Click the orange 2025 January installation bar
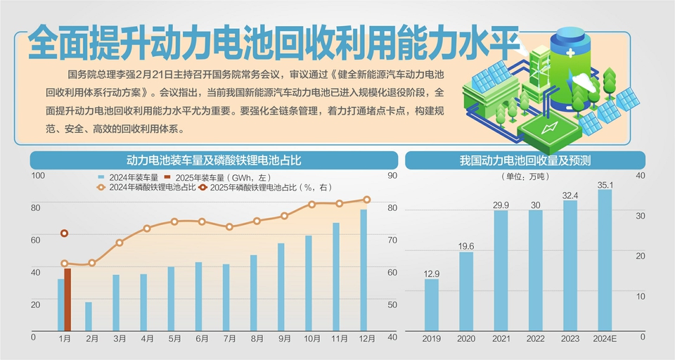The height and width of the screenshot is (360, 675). [67, 300]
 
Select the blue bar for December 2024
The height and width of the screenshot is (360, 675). [364, 270]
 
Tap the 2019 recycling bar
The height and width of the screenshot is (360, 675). [431, 305]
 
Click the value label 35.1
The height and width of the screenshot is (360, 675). [605, 186]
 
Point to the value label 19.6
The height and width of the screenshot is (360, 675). [466, 246]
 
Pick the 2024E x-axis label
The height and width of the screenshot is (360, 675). [605, 340]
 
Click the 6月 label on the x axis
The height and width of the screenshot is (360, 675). [202, 339]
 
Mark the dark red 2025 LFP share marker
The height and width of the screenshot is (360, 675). [64, 233]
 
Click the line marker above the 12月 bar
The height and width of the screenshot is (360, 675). [366, 200]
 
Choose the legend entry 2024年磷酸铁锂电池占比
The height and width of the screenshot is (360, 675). [146, 188]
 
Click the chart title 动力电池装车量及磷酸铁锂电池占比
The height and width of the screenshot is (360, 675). [213, 161]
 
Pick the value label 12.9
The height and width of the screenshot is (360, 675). [431, 274]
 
